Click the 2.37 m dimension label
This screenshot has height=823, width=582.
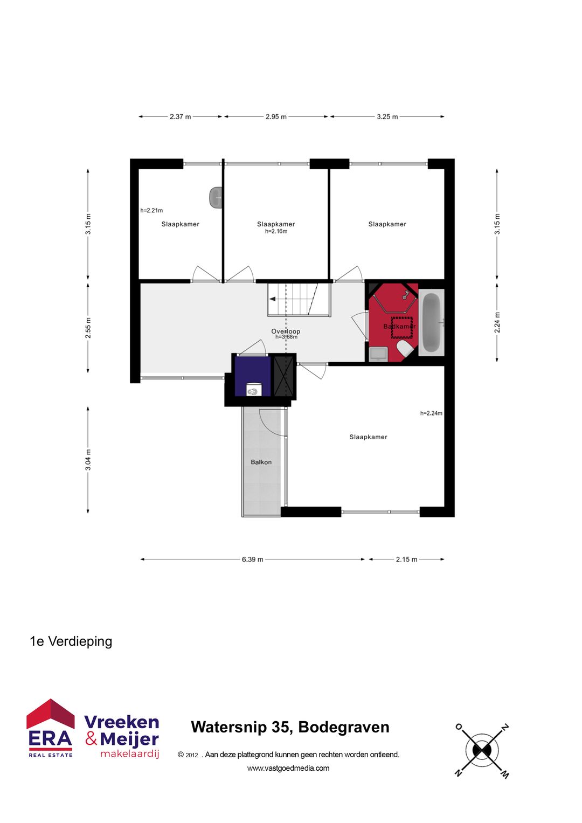180,116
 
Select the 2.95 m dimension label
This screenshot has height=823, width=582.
276,116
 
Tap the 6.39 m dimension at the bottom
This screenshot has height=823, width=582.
252,559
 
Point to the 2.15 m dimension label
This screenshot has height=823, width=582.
406,559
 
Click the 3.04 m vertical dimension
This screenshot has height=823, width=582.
88,460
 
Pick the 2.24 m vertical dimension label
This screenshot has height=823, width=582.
497,322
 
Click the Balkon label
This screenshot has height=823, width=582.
261,462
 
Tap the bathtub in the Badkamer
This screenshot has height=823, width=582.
431,322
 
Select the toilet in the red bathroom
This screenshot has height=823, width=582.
405,348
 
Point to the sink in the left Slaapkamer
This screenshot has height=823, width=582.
216,197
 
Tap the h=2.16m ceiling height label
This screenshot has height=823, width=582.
276,232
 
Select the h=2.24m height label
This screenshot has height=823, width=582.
431,413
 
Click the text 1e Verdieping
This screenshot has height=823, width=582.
71,641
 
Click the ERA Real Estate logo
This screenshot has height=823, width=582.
50,729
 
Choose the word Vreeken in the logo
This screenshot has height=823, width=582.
121,722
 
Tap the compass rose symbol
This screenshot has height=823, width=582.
481,750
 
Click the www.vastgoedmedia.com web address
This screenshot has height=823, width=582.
288,768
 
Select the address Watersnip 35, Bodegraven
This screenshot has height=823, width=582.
290,727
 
